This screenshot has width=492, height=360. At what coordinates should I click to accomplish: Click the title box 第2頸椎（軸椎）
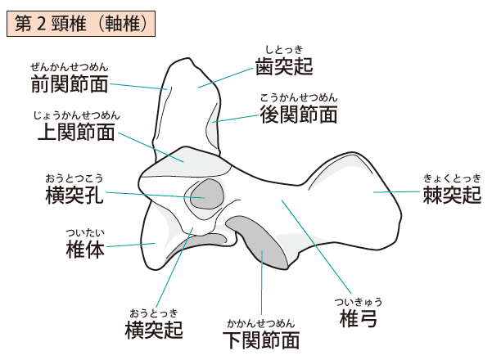pos(79,24)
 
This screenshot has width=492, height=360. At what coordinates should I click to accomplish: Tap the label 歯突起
pos(284,65)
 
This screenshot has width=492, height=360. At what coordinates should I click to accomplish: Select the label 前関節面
pos(70,83)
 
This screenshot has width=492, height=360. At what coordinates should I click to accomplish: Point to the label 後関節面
pos(298,115)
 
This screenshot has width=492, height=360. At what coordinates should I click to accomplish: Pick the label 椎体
pos(84,250)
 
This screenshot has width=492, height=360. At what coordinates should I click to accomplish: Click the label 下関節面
pos(261,339)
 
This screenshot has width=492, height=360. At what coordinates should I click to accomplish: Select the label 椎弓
pos(358,317)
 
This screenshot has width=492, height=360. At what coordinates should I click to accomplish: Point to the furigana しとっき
pos(284,49)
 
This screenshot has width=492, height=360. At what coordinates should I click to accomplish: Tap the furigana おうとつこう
pos(74,178)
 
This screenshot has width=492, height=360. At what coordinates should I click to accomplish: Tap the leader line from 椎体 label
pos(131,245)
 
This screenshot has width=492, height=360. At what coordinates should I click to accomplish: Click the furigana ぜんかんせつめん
pos(70,67)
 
